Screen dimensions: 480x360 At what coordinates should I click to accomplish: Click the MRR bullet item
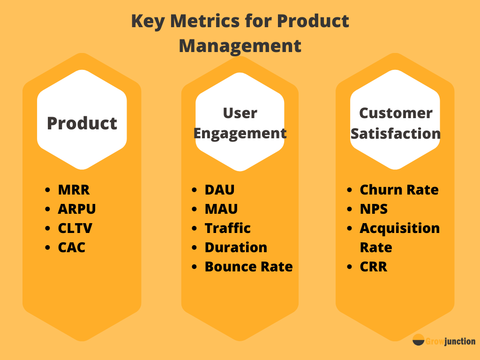tap(74, 190)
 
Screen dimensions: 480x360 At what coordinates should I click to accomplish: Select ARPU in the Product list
tap(77, 209)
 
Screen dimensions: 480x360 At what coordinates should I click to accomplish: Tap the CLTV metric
tap(75, 228)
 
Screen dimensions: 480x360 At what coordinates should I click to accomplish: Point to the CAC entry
tap(72, 247)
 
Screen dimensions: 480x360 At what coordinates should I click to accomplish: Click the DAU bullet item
tap(219, 190)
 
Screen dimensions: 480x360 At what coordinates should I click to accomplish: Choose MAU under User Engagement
tap(221, 209)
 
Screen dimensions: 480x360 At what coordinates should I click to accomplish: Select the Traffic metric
tap(228, 228)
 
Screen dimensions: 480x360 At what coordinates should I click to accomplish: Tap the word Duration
tap(236, 247)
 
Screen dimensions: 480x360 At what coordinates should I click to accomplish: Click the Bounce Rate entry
tap(249, 267)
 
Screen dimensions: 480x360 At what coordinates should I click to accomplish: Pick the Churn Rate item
tap(399, 190)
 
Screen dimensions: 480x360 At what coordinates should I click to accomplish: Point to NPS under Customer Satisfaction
tap(374, 209)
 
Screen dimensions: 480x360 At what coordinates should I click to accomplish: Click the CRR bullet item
tap(374, 267)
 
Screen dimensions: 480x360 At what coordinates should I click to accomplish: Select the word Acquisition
tap(400, 229)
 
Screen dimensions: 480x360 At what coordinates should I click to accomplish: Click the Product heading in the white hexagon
tap(82, 123)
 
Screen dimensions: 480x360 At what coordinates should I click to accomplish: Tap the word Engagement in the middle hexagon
tap(240, 134)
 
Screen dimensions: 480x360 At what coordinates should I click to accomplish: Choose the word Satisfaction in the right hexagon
tap(396, 134)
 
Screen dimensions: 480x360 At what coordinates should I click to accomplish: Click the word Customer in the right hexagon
tap(396, 113)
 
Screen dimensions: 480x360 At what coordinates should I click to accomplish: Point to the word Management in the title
tap(240, 46)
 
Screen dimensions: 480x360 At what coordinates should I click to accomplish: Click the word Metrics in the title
tap(204, 21)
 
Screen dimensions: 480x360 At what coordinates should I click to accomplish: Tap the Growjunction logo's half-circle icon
tap(419, 340)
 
